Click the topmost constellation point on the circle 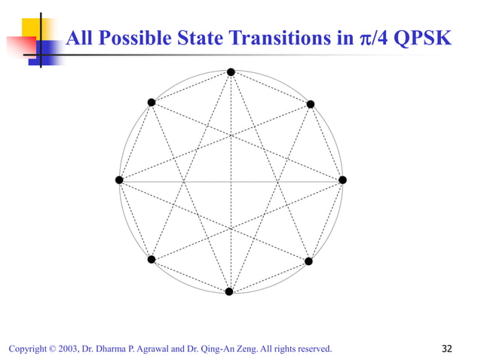click(x=231, y=72)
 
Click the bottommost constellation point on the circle click(x=229, y=291)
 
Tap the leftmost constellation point click(x=119, y=180)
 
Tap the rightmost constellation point click(x=342, y=180)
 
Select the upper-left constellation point click(x=152, y=102)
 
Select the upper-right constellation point click(x=311, y=104)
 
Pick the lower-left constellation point click(x=152, y=260)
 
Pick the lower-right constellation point click(x=308, y=261)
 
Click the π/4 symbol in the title click(x=372, y=37)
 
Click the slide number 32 click(x=447, y=348)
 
